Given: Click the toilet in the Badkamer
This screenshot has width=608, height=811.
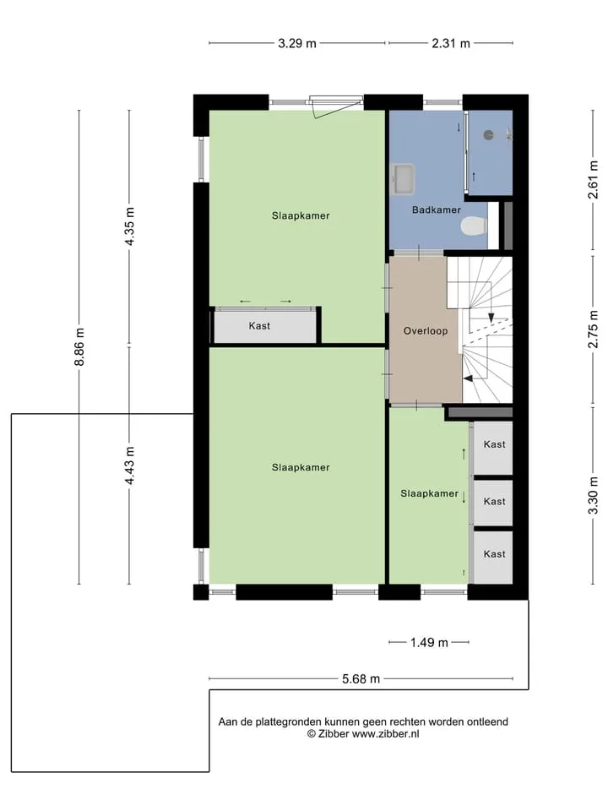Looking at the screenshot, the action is tap(474, 226).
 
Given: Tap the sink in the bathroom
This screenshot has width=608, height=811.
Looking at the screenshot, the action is tap(404, 179).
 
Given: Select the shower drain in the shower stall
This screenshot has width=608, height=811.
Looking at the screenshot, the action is tap(489, 135).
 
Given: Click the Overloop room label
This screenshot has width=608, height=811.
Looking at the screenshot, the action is tap(426, 331).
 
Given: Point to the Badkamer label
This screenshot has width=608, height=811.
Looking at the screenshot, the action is tap(437, 210).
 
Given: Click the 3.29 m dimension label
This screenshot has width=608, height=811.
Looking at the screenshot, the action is tap(297, 43).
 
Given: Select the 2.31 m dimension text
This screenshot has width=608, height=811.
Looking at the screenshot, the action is tap(451, 43).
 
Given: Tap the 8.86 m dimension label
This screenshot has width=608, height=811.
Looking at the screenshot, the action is tap(79, 346).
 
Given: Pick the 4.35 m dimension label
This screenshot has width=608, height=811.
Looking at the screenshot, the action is tap(129, 226).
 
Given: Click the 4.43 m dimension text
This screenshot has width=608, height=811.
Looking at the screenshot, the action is tap(129, 466).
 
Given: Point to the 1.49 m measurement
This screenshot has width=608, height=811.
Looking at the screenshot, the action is tap(429, 643).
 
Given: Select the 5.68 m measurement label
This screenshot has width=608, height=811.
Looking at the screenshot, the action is tap(361, 679).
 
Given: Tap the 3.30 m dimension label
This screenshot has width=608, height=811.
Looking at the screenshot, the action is tap(593, 495).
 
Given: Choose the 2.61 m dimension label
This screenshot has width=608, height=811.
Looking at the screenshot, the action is tap(593, 179).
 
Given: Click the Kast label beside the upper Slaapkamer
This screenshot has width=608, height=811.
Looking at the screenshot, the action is tap(259, 326).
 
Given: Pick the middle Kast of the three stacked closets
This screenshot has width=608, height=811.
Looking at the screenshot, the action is tap(494, 501).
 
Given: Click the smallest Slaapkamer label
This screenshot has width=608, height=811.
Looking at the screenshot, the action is tap(429, 494).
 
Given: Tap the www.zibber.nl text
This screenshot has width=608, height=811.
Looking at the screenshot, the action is tap(386, 734).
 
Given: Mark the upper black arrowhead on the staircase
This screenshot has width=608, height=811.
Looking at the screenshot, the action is tap(491, 318).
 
